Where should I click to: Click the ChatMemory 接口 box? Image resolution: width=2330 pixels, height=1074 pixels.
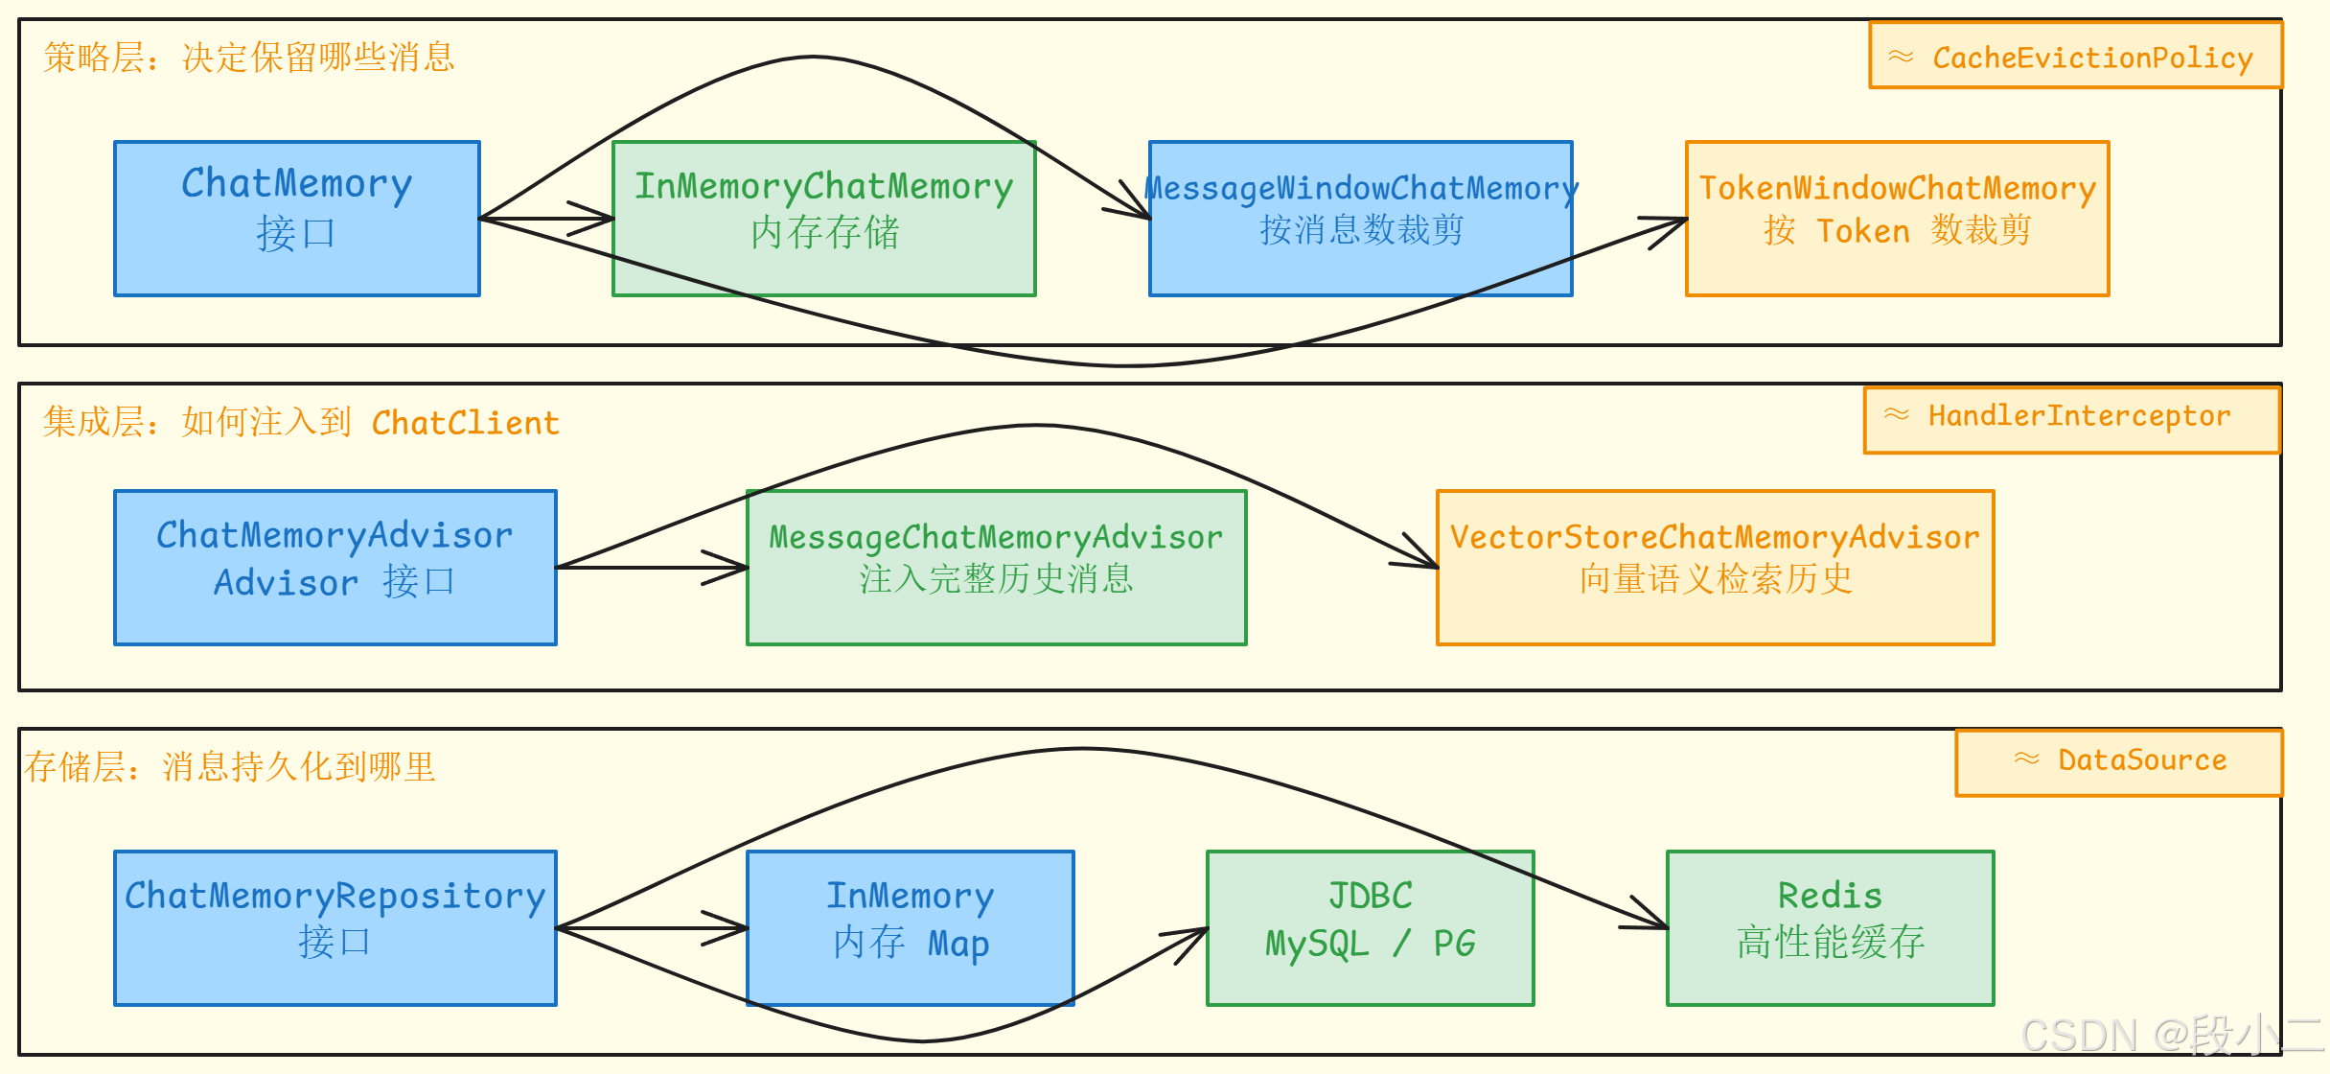pos(297,219)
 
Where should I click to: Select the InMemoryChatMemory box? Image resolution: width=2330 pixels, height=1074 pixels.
pos(824,219)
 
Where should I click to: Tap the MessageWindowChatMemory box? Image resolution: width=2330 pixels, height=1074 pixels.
pos(1361,219)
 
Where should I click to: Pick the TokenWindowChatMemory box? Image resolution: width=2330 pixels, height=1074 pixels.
pos(1898,219)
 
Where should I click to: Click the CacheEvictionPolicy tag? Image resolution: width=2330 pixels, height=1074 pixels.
pos(2076,56)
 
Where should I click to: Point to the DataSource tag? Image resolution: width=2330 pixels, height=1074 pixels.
pos(2119,762)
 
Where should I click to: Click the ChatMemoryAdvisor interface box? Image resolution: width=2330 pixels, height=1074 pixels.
pos(335,568)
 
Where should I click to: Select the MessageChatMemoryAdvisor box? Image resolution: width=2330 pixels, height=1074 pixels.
pos(997,568)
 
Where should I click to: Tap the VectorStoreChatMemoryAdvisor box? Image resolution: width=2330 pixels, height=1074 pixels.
pos(1716,568)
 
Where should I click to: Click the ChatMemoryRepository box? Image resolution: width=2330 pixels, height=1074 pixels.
pos(335,928)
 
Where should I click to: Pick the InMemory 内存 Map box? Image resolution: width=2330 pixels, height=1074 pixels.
pos(911,928)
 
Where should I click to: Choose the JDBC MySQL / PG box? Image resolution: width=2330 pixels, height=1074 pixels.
pos(1371,928)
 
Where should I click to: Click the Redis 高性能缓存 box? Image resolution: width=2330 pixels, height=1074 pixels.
pos(1831,928)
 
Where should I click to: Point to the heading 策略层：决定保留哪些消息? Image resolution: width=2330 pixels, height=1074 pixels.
pos(249,58)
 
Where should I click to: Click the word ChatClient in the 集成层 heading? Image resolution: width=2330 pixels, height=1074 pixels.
pos(466,423)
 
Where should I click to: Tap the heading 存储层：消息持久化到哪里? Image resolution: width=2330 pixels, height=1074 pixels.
pos(230,767)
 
